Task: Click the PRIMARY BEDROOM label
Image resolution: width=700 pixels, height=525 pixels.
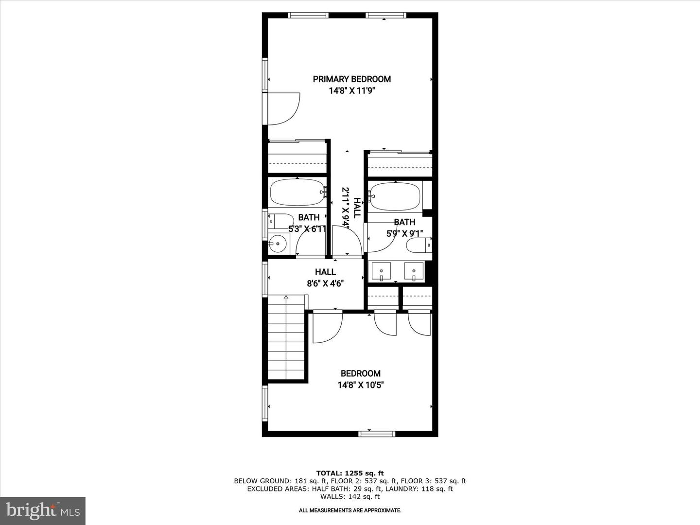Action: tap(351, 79)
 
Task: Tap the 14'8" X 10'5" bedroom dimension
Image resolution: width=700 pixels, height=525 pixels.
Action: tap(361, 385)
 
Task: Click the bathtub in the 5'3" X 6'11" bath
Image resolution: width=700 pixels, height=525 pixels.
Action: tap(297, 192)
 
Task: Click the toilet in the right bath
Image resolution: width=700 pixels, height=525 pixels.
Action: tap(419, 245)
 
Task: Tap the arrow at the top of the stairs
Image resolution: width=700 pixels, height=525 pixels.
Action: tap(286, 297)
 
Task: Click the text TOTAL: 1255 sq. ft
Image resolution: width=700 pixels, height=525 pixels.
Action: tap(350, 473)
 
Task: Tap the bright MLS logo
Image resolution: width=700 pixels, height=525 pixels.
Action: tap(42, 510)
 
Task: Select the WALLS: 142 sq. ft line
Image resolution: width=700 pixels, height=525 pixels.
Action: tap(350, 497)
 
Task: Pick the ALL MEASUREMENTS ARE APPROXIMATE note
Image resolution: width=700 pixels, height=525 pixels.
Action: tap(350, 510)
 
